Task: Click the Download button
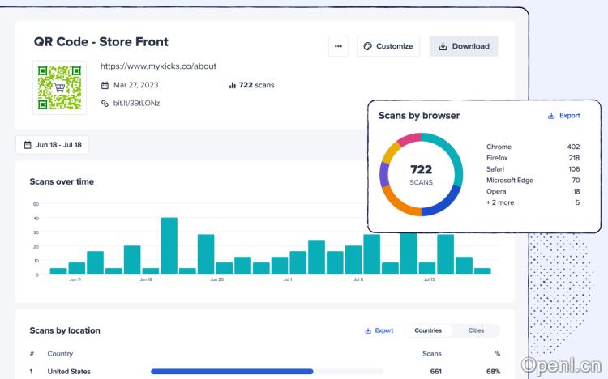[x=464, y=46]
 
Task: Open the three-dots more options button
[x=338, y=46]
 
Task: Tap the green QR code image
[x=59, y=87]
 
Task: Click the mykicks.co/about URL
[x=158, y=66]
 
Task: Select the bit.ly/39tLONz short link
[x=136, y=103]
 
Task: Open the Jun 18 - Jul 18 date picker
[x=54, y=145]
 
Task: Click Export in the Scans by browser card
[x=564, y=116]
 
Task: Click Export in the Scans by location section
[x=379, y=330]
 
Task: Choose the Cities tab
[x=476, y=330]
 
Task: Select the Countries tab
[x=428, y=330]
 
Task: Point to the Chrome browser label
[x=499, y=147]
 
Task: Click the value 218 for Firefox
[x=573, y=158]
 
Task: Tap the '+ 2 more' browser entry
[x=500, y=202]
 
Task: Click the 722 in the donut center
[x=422, y=170]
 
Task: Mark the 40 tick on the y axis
[x=36, y=218]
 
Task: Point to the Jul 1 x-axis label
[x=288, y=279]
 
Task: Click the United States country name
[x=69, y=372]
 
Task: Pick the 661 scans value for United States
[x=435, y=372]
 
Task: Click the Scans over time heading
[x=62, y=181]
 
